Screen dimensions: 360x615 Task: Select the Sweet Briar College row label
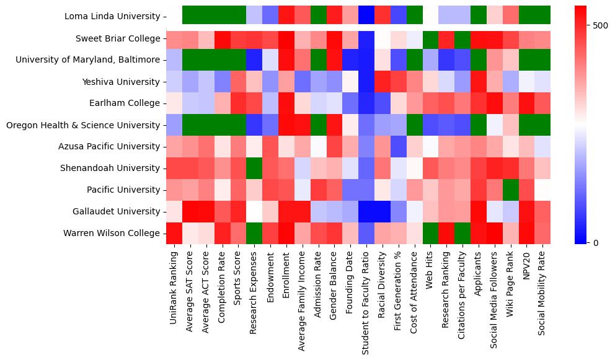(x=118, y=38)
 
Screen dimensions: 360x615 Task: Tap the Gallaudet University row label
(x=114, y=212)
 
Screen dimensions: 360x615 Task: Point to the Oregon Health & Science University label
(x=83, y=125)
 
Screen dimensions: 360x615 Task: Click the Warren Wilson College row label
(x=112, y=234)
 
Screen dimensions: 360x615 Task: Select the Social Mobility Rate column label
(x=543, y=291)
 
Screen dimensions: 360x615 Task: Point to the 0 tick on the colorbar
(x=596, y=242)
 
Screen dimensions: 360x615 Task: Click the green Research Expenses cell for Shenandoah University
(x=254, y=169)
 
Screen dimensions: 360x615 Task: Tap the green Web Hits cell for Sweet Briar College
(x=430, y=38)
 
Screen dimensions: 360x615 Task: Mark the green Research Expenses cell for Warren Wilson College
(x=254, y=234)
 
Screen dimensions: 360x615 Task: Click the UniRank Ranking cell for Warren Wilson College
(x=174, y=234)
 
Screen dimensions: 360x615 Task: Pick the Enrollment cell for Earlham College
(x=286, y=103)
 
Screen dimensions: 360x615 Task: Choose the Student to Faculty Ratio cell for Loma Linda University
(x=366, y=17)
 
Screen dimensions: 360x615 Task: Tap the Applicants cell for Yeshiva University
(x=479, y=82)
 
